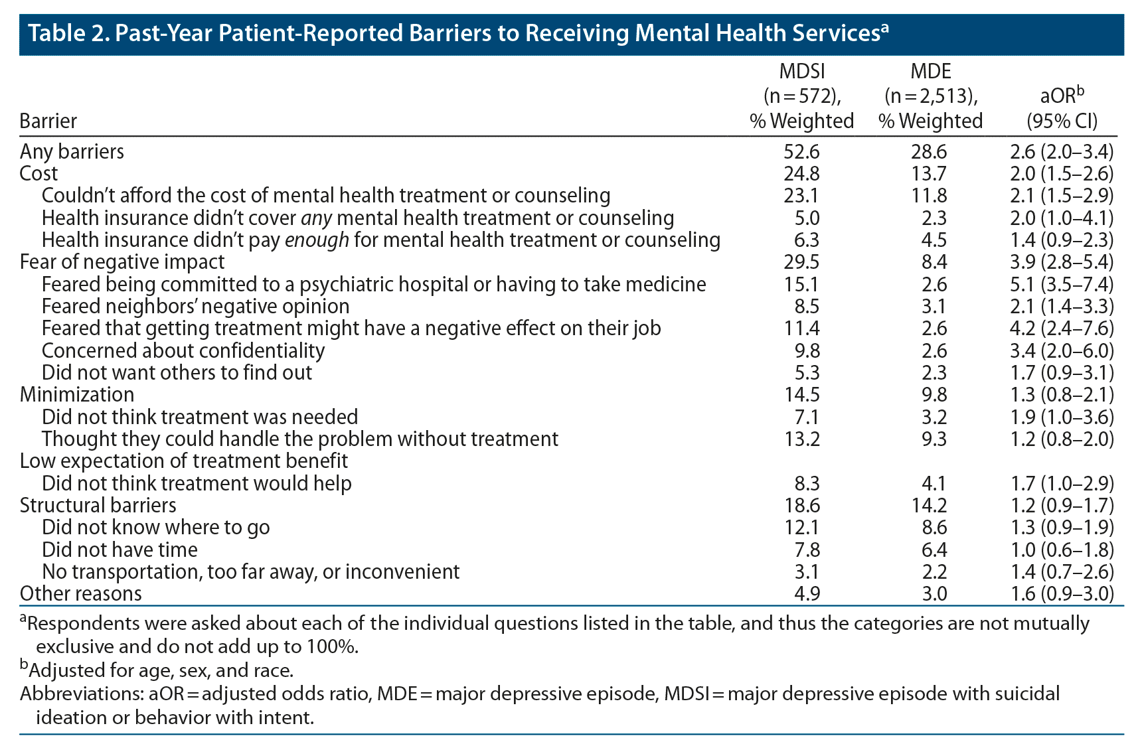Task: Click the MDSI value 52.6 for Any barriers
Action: tap(801, 152)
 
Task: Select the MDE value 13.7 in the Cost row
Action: tap(929, 174)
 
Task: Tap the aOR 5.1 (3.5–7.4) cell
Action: tap(1061, 285)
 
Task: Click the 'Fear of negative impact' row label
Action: tap(122, 262)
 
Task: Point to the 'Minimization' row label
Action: tap(77, 395)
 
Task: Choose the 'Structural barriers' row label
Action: tap(98, 506)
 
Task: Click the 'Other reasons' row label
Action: tap(80, 594)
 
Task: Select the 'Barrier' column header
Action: tap(48, 121)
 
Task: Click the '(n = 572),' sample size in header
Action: tap(802, 97)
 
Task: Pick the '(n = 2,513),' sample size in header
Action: tap(931, 97)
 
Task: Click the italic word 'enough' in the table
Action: tap(317, 240)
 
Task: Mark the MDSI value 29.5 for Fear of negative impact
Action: tap(801, 262)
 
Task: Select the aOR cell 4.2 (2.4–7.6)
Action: tap(1061, 329)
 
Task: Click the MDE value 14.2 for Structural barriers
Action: tap(929, 506)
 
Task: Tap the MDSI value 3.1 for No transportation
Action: tap(807, 572)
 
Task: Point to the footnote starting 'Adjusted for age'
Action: tap(159, 670)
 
